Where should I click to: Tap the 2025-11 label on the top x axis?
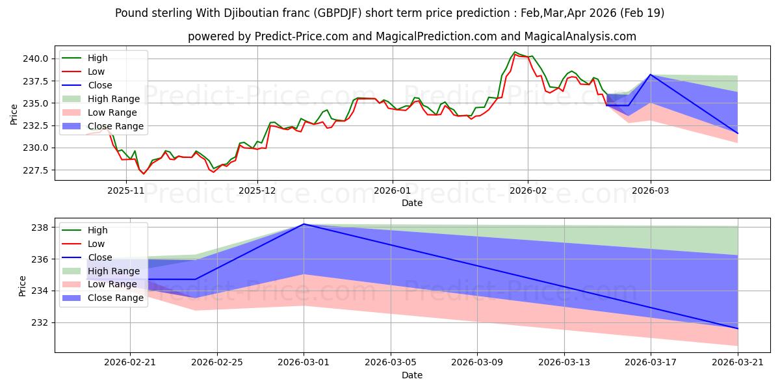125,190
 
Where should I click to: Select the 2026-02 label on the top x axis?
527,190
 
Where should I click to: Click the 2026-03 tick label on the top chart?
651,190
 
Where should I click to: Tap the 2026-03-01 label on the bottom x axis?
304,363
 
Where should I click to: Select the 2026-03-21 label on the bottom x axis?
738,363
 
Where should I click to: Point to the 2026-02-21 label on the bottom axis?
130,363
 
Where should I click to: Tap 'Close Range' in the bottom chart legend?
115,298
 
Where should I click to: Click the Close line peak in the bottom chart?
304,224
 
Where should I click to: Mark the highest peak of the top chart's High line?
515,52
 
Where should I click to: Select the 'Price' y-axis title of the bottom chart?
23,285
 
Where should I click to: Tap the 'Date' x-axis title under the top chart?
412,203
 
